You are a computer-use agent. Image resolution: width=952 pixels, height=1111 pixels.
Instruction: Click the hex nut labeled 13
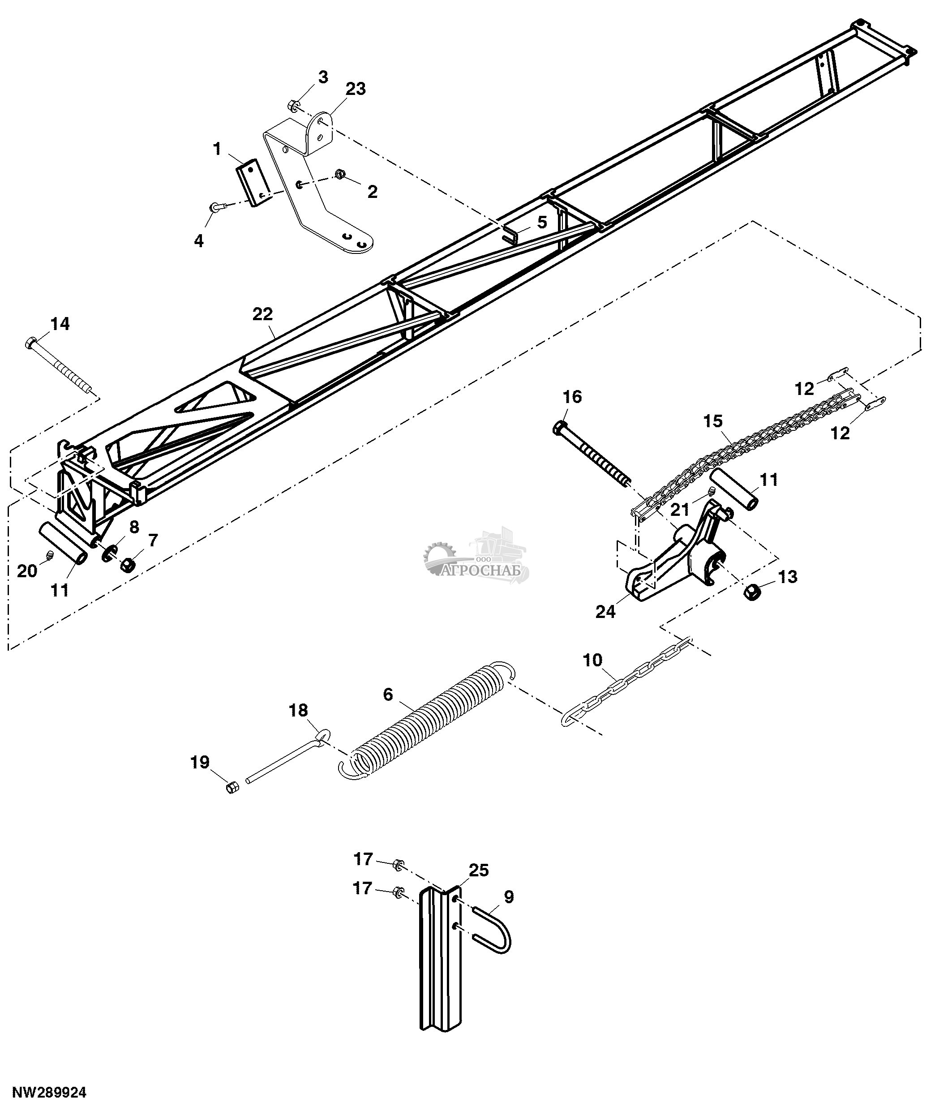[753, 592]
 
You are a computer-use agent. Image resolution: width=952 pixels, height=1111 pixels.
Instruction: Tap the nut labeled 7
[128, 565]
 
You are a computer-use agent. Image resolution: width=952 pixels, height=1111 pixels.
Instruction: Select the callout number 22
[263, 313]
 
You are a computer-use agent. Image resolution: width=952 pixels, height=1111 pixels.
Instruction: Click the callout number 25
[479, 870]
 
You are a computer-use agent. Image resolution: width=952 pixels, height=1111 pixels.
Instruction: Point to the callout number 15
[713, 421]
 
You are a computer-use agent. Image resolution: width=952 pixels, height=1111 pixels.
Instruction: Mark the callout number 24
[606, 611]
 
